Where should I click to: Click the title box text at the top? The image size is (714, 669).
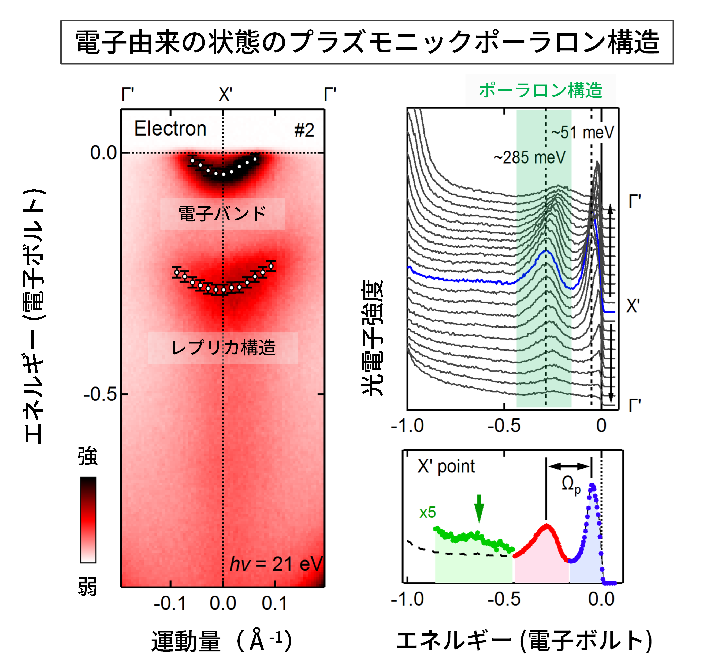pos(367,42)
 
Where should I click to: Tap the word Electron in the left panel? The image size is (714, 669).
pos(170,129)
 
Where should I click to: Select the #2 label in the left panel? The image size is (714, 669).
pos(304,130)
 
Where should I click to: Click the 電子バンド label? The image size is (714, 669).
pos(222,213)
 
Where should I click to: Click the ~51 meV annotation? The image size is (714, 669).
pos(583,133)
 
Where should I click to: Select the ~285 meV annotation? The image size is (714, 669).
pos(529,157)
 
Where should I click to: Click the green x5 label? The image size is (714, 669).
pos(427,513)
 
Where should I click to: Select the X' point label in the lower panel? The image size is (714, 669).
pos(446,467)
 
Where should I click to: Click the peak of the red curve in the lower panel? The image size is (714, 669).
pos(546,526)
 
